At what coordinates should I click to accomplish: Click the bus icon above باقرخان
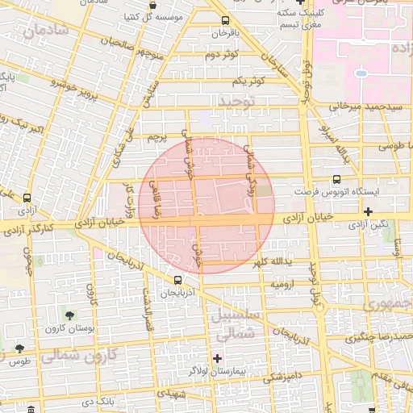tap(224, 21)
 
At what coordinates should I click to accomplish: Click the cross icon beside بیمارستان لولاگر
tap(216, 358)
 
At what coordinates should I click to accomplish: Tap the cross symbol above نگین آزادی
tap(368, 211)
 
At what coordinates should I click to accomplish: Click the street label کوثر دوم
tap(222, 55)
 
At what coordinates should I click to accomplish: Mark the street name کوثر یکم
tap(248, 81)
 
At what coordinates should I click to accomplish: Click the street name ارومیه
tap(286, 285)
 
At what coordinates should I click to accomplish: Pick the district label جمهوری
tap(388, 303)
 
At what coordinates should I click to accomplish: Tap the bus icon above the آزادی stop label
tap(27, 198)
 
